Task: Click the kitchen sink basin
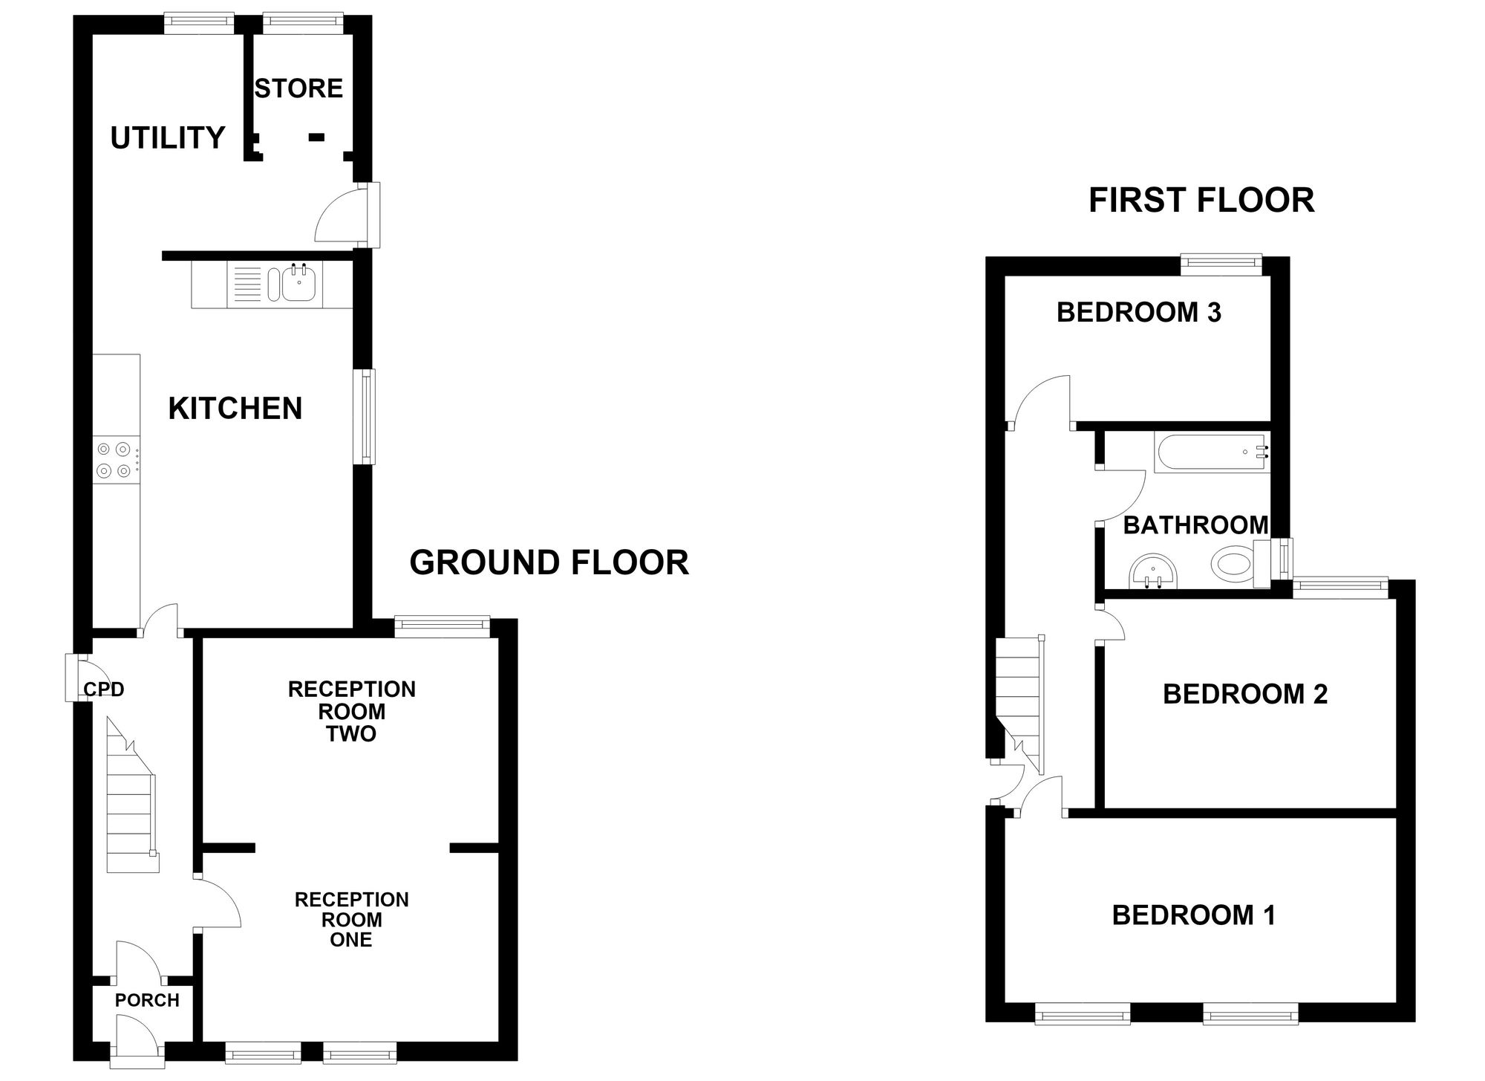[x=298, y=284]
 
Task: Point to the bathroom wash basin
[x=1152, y=573]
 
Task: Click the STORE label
[x=298, y=88]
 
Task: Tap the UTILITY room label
[x=167, y=137]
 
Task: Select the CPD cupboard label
[x=104, y=689]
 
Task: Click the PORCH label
[x=147, y=1000]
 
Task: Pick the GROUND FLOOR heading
[x=549, y=562]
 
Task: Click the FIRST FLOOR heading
[x=1201, y=200]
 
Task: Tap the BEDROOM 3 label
[x=1139, y=312]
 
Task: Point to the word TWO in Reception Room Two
[x=351, y=734]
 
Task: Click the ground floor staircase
[x=133, y=795]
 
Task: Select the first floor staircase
[x=1020, y=703]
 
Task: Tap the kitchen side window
[x=365, y=417]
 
